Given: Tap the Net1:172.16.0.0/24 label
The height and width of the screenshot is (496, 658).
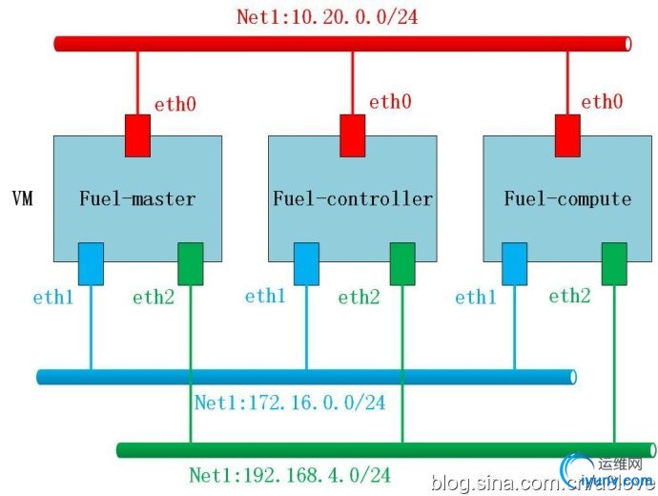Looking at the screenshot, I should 290,403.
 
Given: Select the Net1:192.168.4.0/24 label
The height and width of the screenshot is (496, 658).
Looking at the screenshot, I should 290,474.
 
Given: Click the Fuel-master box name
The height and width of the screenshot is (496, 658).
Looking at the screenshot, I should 137,199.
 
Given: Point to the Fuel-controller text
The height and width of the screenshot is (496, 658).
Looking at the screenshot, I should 353,199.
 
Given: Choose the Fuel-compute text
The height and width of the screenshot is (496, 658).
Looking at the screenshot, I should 568,199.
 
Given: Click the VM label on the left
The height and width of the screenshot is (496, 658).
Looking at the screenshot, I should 22,199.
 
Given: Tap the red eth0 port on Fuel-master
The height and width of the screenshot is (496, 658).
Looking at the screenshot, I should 138,134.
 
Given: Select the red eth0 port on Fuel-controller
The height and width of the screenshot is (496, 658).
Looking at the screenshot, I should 354,134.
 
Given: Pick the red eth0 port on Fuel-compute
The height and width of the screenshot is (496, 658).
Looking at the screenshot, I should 568,134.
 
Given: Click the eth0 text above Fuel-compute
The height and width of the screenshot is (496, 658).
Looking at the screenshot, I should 602,102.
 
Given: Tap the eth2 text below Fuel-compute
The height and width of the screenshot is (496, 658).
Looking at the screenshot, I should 569,296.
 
